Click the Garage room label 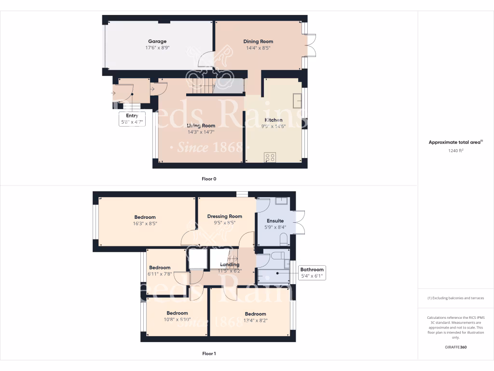[x=157, y=42]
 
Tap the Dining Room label [x=258, y=42]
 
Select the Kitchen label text [x=273, y=120]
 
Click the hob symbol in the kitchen [x=270, y=157]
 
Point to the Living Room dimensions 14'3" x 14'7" [x=201, y=132]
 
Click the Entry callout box [x=132, y=119]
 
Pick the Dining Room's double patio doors [x=311, y=45]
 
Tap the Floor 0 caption [x=209, y=179]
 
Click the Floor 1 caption [x=209, y=354]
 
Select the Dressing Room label [x=224, y=216]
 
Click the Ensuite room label [x=275, y=221]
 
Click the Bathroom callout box [x=312, y=273]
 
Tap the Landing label [x=230, y=265]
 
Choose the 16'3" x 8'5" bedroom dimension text [x=145, y=224]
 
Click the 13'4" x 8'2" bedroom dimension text [x=255, y=320]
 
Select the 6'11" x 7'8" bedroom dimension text [x=160, y=274]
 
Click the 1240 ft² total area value [x=456, y=151]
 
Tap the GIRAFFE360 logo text [x=456, y=347]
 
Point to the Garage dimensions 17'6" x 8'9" [x=157, y=48]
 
